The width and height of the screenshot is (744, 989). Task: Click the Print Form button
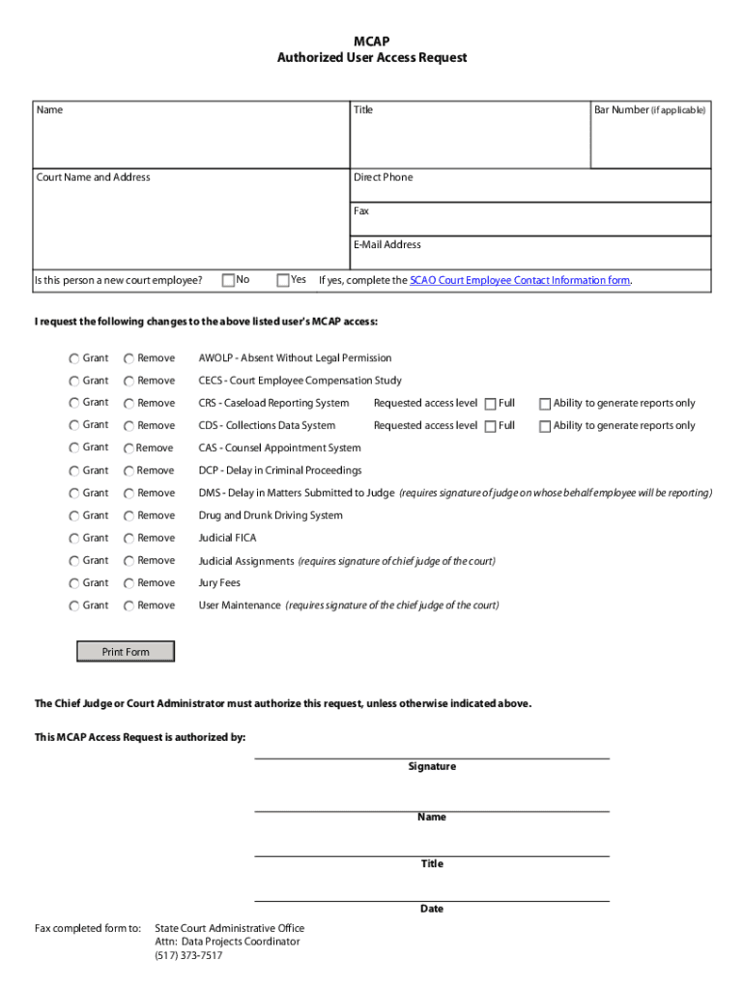click(x=126, y=652)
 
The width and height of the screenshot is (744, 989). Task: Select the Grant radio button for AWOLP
click(x=74, y=358)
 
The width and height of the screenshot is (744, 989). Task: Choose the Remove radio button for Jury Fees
click(x=129, y=583)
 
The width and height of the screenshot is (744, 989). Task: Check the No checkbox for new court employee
click(x=229, y=280)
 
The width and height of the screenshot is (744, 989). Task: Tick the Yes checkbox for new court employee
click(x=283, y=280)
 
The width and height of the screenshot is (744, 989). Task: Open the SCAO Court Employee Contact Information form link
click(x=520, y=280)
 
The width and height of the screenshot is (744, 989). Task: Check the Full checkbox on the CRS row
click(x=491, y=404)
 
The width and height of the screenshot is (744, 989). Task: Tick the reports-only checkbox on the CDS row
click(x=545, y=426)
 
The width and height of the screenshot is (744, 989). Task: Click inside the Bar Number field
click(x=649, y=140)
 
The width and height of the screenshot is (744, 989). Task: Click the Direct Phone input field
click(x=531, y=189)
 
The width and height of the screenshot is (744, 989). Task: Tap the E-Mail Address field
click(x=531, y=257)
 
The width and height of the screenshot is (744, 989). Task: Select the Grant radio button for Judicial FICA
click(x=74, y=539)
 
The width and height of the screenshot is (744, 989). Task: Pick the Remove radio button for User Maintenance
click(x=129, y=606)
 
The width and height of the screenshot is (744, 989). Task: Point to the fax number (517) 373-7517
click(x=188, y=956)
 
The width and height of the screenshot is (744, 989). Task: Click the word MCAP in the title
click(x=372, y=42)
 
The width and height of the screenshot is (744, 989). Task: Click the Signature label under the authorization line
click(x=431, y=767)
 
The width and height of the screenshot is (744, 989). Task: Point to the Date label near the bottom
click(x=431, y=909)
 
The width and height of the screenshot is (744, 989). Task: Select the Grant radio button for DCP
click(x=74, y=471)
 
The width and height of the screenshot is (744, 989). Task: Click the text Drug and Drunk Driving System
click(x=271, y=516)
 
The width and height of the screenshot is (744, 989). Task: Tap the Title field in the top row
click(x=469, y=140)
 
